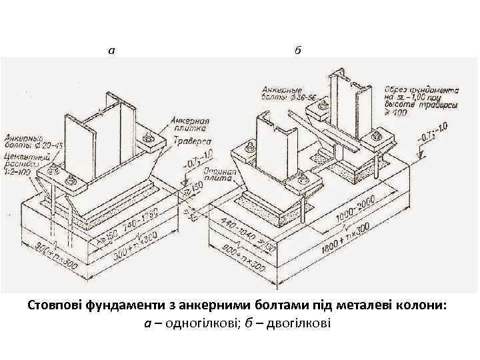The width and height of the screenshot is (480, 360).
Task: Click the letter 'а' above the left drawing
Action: point(111,49)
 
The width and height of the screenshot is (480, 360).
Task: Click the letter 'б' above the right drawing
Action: point(297,49)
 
